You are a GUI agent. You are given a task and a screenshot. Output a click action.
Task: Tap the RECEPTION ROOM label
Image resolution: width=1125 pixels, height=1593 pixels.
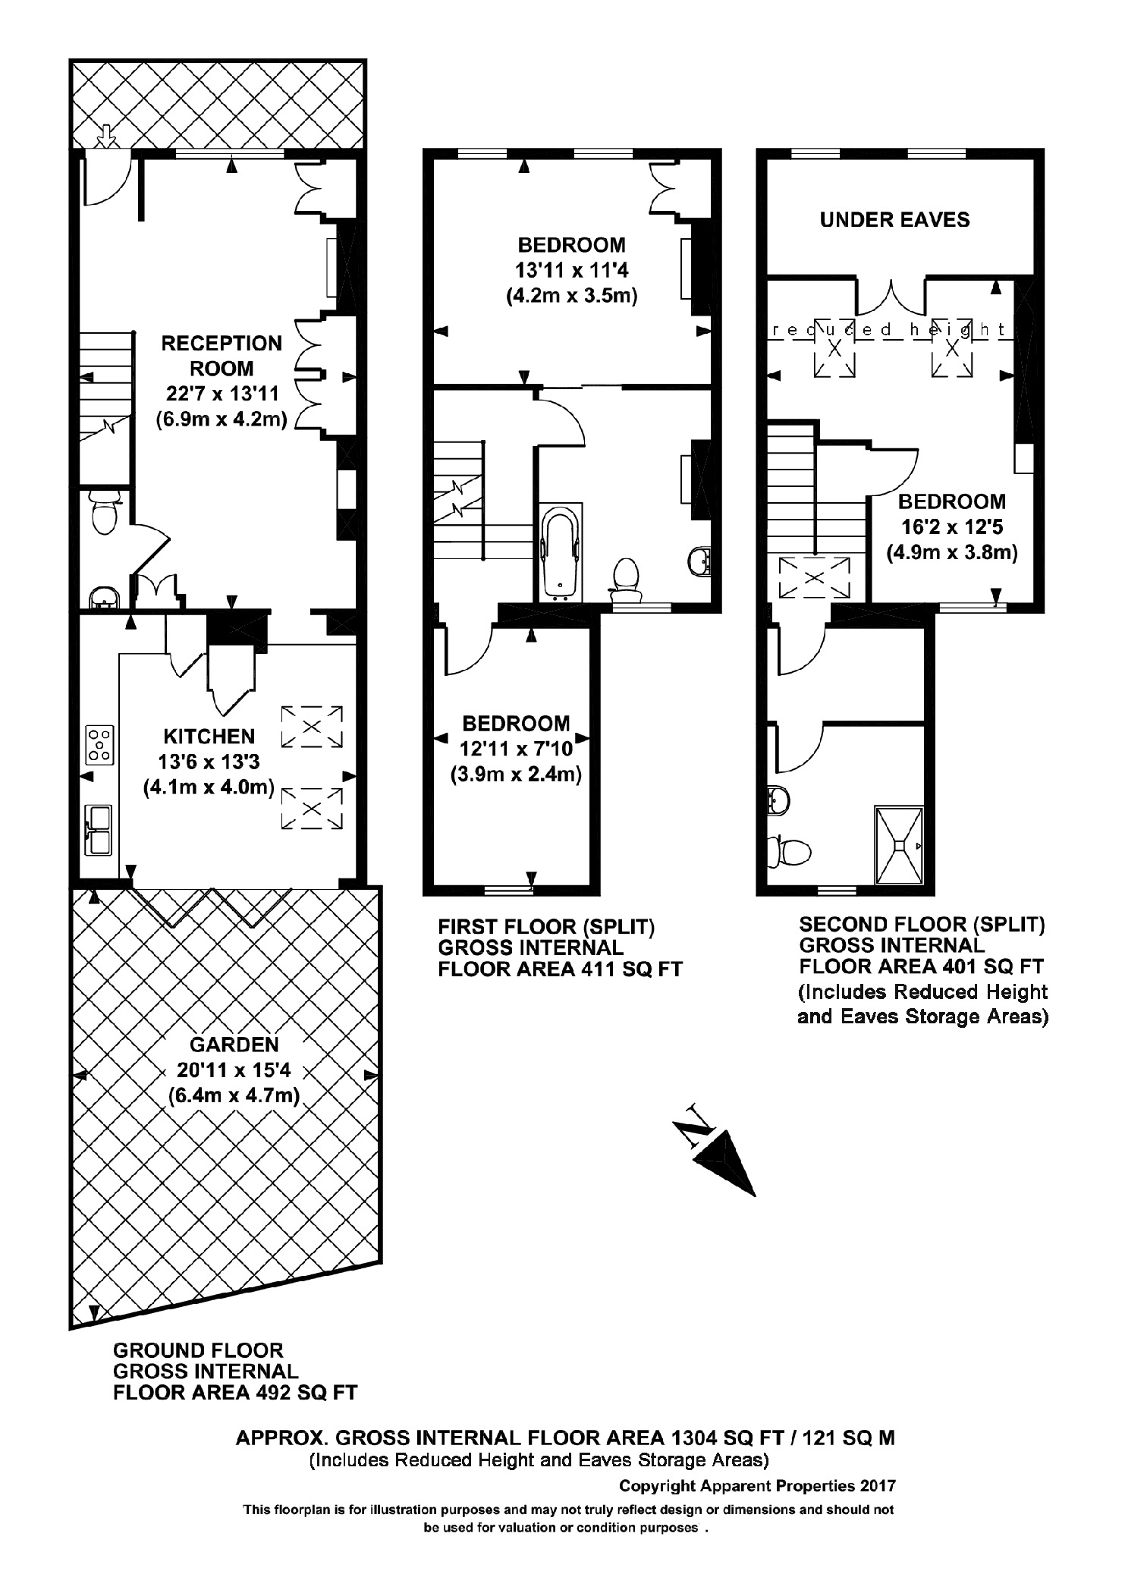[x=222, y=356]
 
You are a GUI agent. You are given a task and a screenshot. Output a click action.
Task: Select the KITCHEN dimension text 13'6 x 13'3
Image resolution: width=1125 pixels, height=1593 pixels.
[x=209, y=762]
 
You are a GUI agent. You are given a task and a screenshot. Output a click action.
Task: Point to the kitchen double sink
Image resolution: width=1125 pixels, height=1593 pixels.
[x=99, y=830]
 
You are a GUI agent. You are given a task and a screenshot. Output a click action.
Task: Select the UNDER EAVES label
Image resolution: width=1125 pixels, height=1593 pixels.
[x=894, y=220]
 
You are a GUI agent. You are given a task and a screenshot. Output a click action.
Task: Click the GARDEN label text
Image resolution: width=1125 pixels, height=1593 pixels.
[x=234, y=1045]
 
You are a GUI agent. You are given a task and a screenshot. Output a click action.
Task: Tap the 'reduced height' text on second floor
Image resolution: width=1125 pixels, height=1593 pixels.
[x=888, y=330]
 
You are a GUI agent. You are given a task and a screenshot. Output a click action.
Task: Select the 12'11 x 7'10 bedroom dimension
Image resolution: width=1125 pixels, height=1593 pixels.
[x=516, y=749]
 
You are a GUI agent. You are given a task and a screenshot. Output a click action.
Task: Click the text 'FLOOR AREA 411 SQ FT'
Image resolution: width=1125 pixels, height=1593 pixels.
[x=560, y=969]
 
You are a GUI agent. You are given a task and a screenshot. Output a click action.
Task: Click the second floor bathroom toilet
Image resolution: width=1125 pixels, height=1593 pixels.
[x=789, y=851]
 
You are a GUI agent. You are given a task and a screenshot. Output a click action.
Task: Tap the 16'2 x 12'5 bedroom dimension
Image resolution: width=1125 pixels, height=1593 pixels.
[x=952, y=526]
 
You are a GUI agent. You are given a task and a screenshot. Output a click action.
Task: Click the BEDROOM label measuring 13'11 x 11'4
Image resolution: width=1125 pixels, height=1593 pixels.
[x=571, y=245]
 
